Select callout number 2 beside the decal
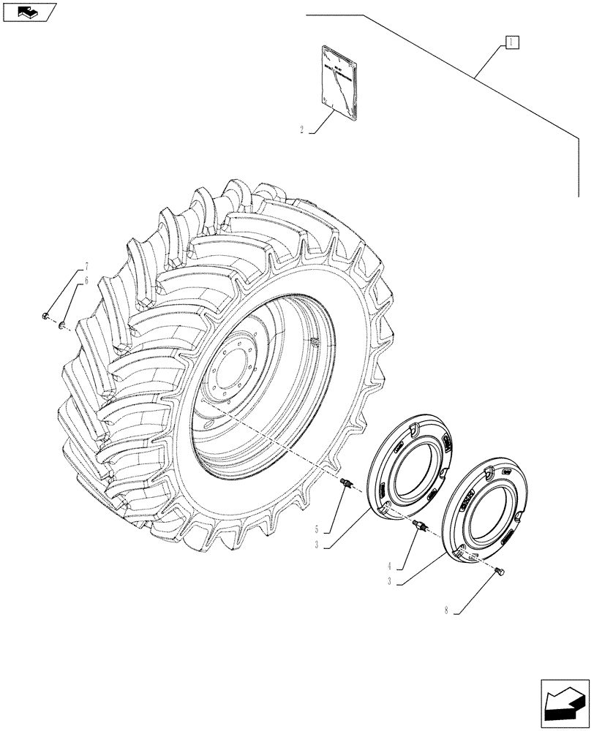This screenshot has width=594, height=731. pos(302,129)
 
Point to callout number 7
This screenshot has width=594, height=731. pos(86,266)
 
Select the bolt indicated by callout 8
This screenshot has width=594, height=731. pos(501,572)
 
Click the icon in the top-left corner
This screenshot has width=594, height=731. pos(29,12)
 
